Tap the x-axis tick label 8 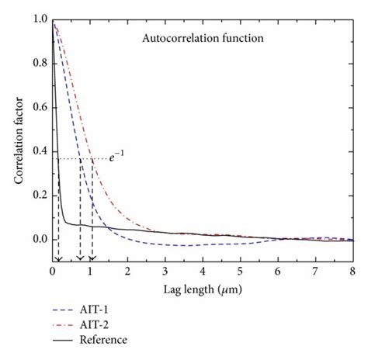(x=352, y=272)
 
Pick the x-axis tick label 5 (x=240, y=272)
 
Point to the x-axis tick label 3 (x=165, y=272)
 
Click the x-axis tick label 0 (x=52, y=272)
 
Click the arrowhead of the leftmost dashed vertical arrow (x=58, y=258)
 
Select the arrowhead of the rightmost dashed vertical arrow (x=92, y=258)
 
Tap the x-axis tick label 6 (x=277, y=272)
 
